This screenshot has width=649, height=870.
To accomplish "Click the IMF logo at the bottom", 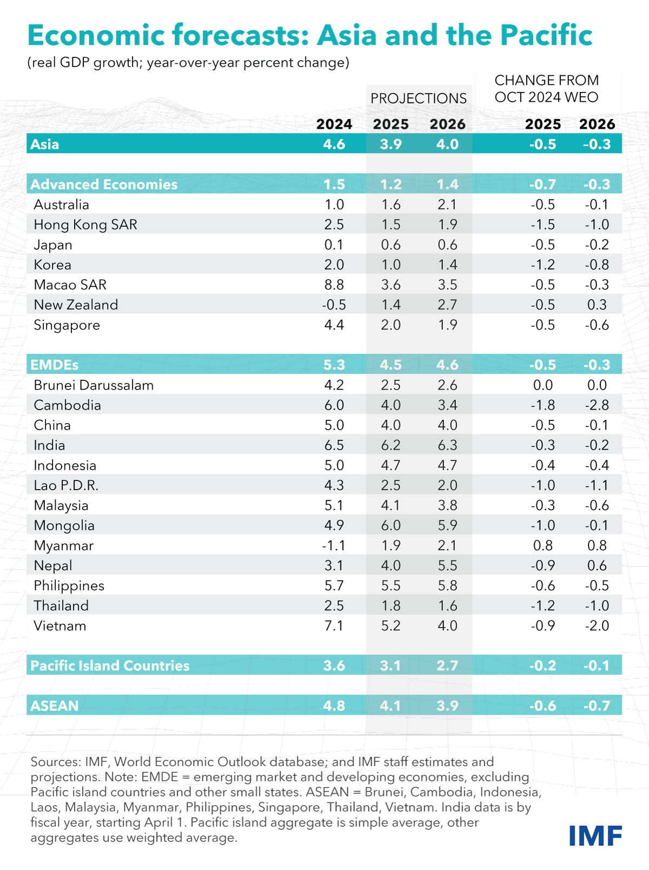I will (x=595, y=836).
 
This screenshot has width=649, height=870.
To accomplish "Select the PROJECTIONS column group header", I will (x=418, y=98).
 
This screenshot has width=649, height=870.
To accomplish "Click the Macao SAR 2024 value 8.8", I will (x=334, y=285).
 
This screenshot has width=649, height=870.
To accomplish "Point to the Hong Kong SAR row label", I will (x=85, y=225).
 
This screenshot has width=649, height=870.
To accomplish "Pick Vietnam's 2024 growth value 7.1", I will (x=334, y=625).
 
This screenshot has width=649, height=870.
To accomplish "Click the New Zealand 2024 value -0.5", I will (x=334, y=305).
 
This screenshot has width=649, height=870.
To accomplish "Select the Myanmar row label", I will (x=63, y=545).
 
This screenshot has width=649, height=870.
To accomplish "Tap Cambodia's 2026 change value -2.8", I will (x=597, y=405).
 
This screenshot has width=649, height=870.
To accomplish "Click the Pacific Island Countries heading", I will (x=110, y=665).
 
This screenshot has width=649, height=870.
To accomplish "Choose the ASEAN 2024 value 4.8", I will (x=334, y=706).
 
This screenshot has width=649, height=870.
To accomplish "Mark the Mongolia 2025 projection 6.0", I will (x=390, y=525).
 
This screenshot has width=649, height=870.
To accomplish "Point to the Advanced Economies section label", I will (x=104, y=184).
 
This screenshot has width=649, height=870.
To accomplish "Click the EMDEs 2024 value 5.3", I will (x=334, y=365).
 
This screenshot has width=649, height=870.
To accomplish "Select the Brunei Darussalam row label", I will (x=94, y=385).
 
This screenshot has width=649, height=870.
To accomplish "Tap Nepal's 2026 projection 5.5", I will (x=447, y=565).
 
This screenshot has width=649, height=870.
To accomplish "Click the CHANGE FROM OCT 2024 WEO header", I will (x=546, y=89).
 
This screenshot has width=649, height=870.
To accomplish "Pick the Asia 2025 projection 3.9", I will (x=390, y=144).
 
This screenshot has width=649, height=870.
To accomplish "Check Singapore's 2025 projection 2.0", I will (x=390, y=325).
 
